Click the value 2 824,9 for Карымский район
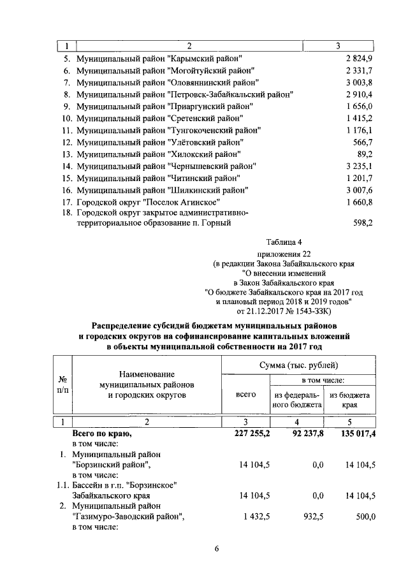coord(358,59)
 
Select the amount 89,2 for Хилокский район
coord(365,154)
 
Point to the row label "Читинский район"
coord(159,178)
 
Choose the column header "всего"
coord(245,395)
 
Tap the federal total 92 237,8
coord(301,434)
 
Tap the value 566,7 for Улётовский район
coord(362,142)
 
